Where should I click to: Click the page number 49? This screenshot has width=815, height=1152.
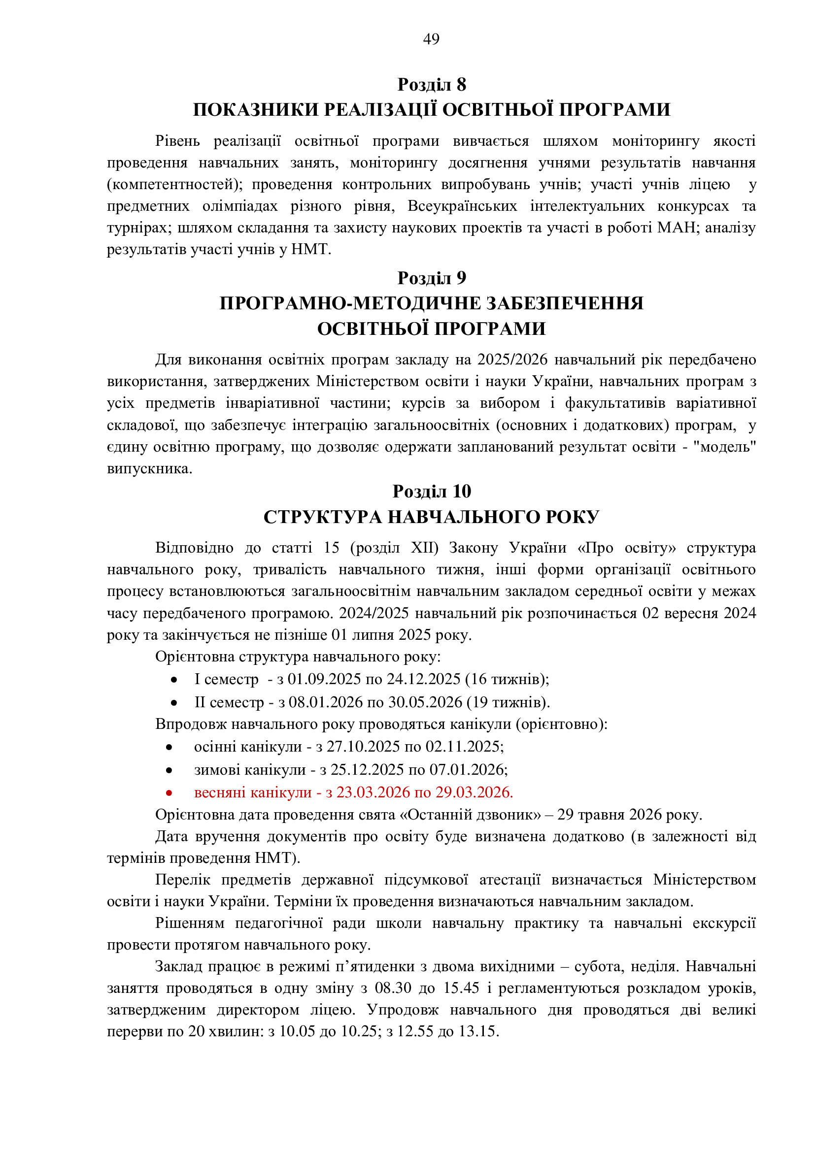(431, 39)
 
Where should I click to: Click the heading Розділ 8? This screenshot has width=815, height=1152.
(432, 84)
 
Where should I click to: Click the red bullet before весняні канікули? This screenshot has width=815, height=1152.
(169, 793)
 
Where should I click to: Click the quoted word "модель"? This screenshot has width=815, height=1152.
(725, 447)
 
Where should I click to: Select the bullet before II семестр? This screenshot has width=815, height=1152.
(173, 703)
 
